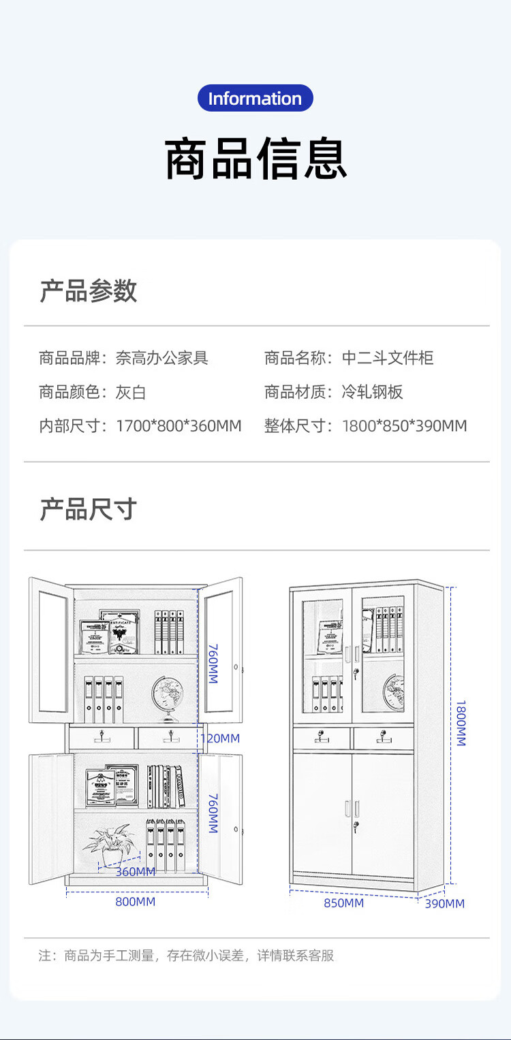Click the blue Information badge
[255, 98]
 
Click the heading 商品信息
[255, 159]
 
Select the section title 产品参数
[88, 291]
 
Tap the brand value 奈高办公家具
[162, 357]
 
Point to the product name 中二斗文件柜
[388, 357]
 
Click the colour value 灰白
[131, 392]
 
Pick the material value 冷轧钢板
[373, 392]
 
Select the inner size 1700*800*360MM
[179, 426]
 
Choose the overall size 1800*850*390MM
[405, 426]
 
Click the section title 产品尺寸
[88, 509]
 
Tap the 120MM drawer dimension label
[219, 738]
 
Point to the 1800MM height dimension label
[461, 723]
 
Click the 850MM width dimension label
[343, 903]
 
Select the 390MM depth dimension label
[444, 904]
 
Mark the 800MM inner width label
[135, 902]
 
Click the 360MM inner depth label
[135, 872]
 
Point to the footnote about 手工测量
[186, 956]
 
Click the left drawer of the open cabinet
[102, 737]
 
